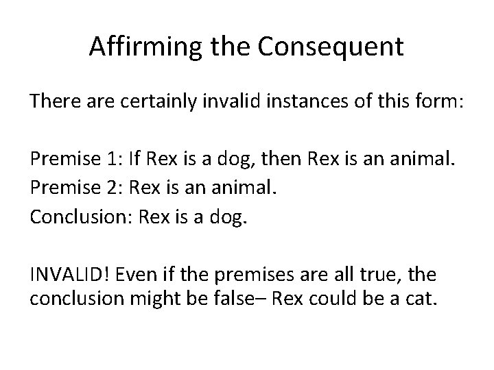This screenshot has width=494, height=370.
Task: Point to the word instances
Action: click(292, 103)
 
